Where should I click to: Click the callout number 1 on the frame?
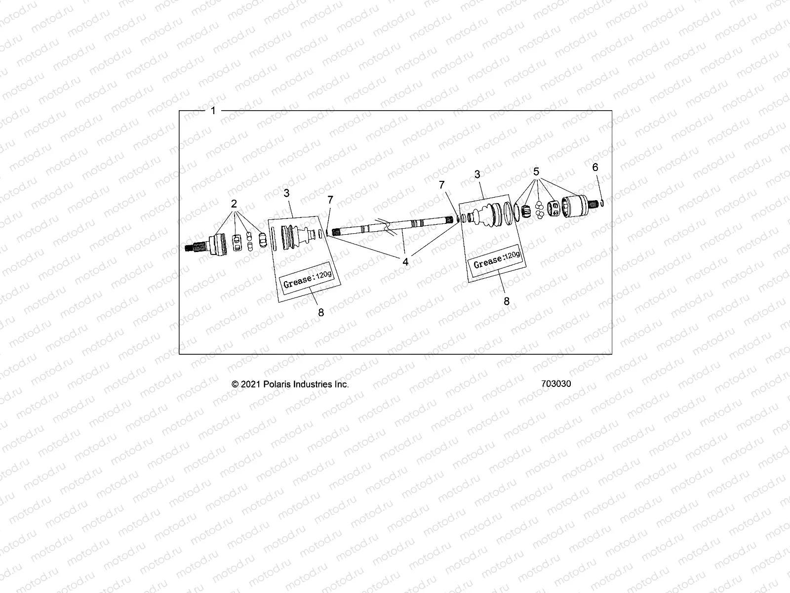click(x=213, y=111)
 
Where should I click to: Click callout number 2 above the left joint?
click(x=234, y=203)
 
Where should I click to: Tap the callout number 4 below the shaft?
click(x=405, y=262)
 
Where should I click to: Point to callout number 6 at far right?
click(x=595, y=168)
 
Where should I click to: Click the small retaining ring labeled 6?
click(x=602, y=202)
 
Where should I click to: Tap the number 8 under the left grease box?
click(x=321, y=312)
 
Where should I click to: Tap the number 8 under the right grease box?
click(x=507, y=300)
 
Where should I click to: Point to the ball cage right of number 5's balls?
click(x=553, y=209)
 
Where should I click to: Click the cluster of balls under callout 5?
click(x=540, y=210)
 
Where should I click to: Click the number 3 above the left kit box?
click(x=287, y=193)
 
